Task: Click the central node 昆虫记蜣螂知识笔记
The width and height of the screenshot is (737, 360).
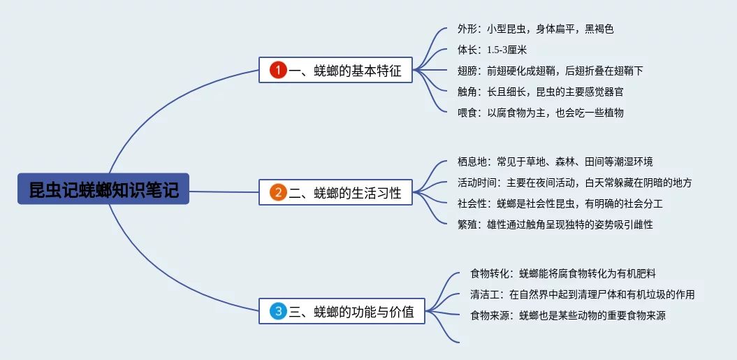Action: (x=103, y=189)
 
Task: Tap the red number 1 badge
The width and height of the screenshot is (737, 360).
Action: (x=278, y=71)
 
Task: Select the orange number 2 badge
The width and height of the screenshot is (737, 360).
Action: (x=278, y=192)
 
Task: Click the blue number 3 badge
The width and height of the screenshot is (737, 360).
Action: (x=278, y=311)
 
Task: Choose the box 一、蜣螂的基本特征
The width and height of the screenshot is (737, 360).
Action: (x=335, y=70)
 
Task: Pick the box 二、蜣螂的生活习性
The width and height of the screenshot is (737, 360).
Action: (x=335, y=192)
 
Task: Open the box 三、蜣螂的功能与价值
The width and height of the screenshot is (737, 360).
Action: (x=342, y=311)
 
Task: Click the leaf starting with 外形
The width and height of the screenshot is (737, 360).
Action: (x=535, y=29)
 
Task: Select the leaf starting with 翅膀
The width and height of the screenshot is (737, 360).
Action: (x=550, y=71)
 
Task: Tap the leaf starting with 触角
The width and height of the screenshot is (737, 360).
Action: (x=541, y=92)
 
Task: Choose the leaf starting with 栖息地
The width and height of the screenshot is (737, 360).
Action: (x=555, y=162)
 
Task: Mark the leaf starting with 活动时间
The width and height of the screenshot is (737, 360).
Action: (x=574, y=182)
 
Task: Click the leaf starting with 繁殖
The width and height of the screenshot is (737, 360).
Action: (x=555, y=224)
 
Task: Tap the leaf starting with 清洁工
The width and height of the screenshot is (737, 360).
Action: (x=583, y=294)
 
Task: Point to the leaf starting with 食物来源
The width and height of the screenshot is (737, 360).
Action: (x=568, y=315)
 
